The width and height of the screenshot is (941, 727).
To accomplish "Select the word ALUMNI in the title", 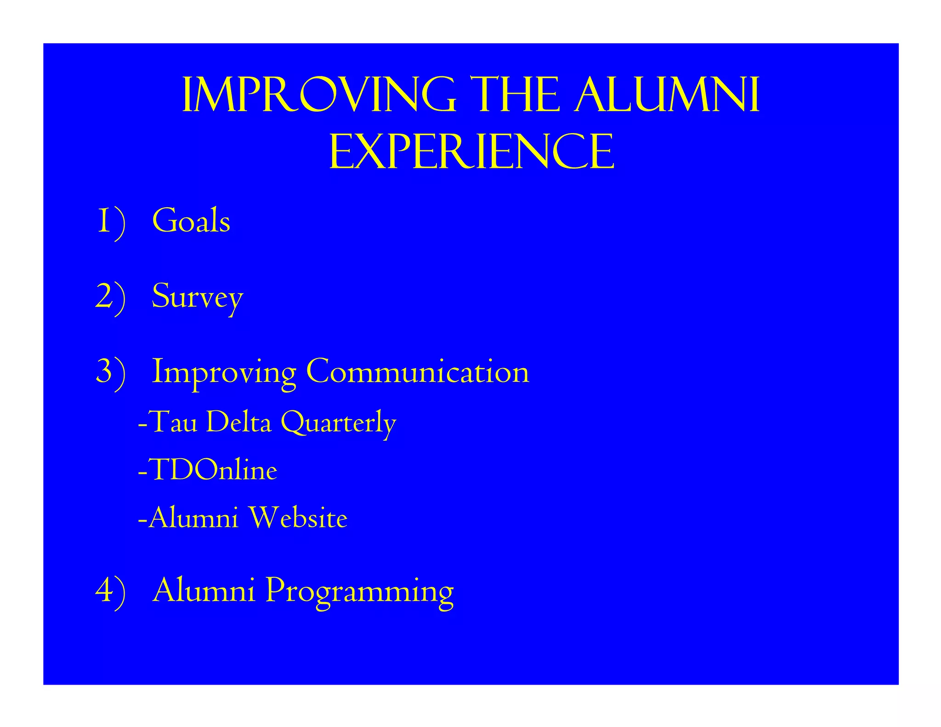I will [x=667, y=96].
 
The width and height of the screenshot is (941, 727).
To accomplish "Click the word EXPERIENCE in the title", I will [x=471, y=152].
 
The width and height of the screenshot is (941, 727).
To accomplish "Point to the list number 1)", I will [x=111, y=222].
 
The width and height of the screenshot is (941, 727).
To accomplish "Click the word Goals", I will [x=191, y=221].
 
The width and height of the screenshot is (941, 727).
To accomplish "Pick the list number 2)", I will [x=111, y=297].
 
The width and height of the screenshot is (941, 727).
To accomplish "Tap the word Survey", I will [x=197, y=298].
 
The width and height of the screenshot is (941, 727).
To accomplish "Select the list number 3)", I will [x=111, y=372].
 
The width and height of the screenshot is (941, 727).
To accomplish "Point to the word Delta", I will [x=239, y=422].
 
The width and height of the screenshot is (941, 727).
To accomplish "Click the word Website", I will [x=298, y=518].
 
